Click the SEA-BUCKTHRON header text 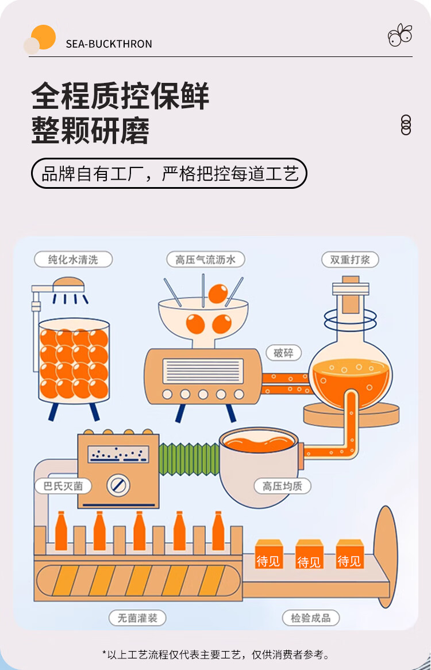coord(109,44)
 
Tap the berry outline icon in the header coord(399,35)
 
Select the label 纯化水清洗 coord(73,260)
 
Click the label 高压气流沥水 coord(206,260)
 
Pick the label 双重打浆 coord(350,260)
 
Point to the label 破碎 coord(283,353)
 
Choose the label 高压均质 coord(282,486)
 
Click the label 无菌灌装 coord(137,618)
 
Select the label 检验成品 coord(310,618)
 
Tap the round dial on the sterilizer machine coord(118,485)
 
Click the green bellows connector coord(189,460)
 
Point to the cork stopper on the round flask coord(350,296)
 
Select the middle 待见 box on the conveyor coord(309,554)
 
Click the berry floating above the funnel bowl coord(218,294)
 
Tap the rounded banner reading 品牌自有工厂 coord(168,173)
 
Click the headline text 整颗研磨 coord(90,131)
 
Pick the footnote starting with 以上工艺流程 coord(215,654)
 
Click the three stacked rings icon coord(406,125)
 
